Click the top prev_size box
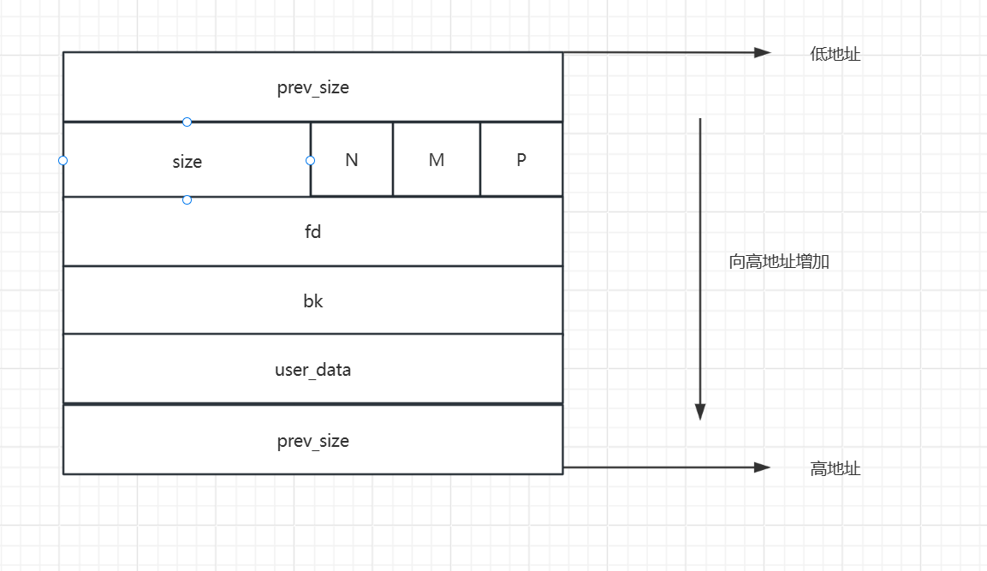pos(312,87)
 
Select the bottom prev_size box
pos(312,441)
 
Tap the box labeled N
pos(352,160)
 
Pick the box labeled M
pos(437,160)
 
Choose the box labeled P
pos(521,160)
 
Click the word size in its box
pos(187,162)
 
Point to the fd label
pos(312,231)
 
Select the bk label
pos(312,301)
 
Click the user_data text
pos(312,371)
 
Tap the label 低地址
pos(835,54)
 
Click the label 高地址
pos(835,469)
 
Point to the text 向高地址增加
pos(779,262)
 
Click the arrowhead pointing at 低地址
pos(763,52)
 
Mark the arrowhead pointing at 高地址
pos(763,467)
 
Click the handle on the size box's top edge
pos(187,122)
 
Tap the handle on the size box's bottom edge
pos(187,199)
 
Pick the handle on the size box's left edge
pos(62,160)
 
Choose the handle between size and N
pos(310,160)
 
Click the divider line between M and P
pos(480,160)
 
